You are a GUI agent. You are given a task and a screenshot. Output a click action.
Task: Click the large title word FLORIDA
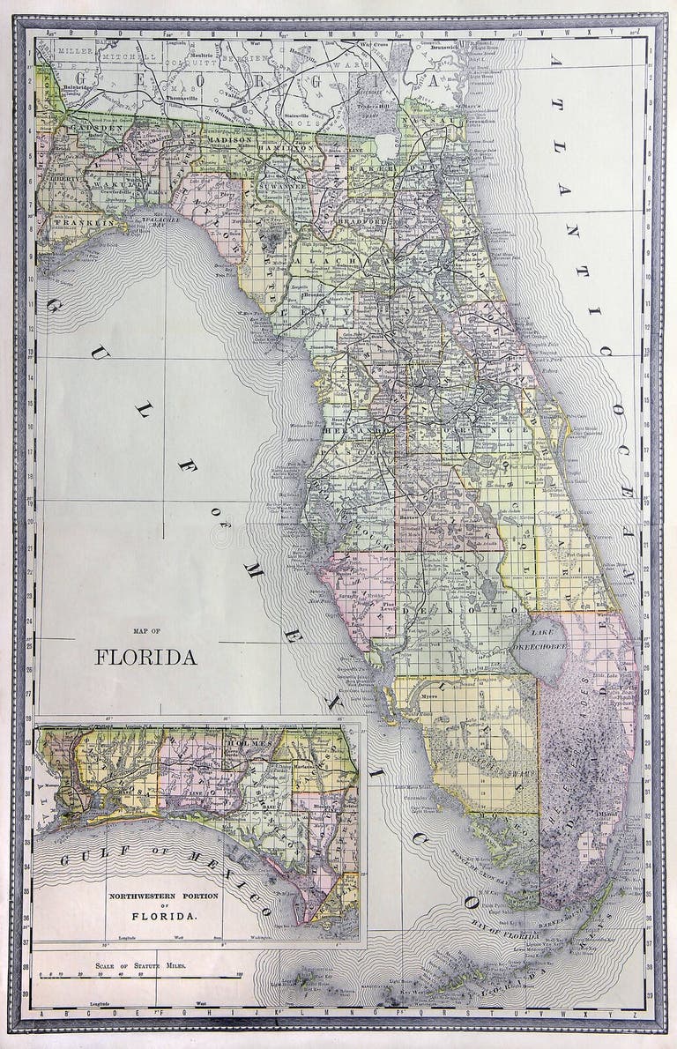[x=145, y=657]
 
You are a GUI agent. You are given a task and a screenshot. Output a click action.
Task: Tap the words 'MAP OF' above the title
[x=145, y=631]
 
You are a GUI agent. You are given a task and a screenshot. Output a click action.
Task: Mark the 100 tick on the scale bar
[x=240, y=973]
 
